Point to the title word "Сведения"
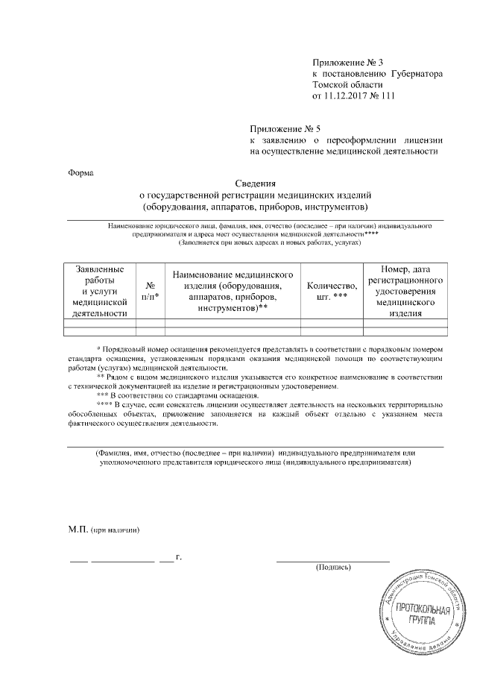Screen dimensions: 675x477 (256, 183)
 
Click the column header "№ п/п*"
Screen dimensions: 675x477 (151, 291)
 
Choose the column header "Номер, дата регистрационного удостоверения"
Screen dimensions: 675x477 (405, 291)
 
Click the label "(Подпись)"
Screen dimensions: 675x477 (333, 567)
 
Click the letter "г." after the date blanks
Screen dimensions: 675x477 (178, 556)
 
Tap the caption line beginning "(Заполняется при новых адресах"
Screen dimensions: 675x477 (270, 243)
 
